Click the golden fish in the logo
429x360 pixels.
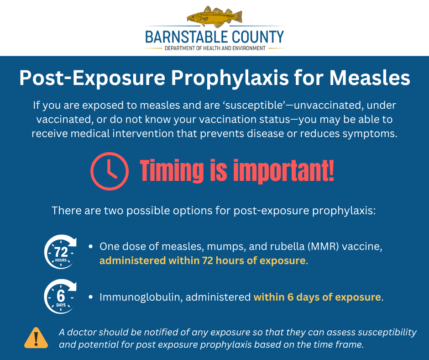click(x=215, y=16)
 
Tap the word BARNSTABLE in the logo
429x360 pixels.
click(x=183, y=37)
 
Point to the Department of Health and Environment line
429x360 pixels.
click(x=215, y=48)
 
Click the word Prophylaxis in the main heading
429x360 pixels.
click(x=230, y=79)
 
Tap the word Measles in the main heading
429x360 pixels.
click(x=370, y=78)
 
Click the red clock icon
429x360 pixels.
click(x=110, y=171)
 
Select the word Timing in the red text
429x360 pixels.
click(x=172, y=171)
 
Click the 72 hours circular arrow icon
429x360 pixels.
click(x=60, y=252)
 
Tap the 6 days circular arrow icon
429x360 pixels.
click(x=60, y=296)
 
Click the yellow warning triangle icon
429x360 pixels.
click(x=36, y=338)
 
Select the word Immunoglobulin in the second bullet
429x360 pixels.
click(x=141, y=297)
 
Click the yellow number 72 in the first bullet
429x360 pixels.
click(x=207, y=260)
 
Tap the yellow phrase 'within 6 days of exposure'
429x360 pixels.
click(x=317, y=297)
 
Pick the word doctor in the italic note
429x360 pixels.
click(x=82, y=332)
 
